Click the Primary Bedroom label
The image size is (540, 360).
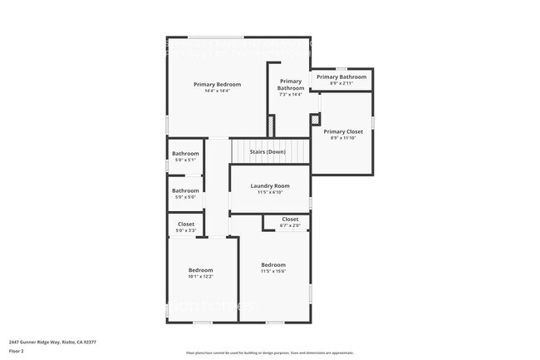pyautogui.click(x=217, y=84)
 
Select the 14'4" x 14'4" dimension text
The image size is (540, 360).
pyautogui.click(x=217, y=91)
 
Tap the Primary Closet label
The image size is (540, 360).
pyautogui.click(x=343, y=131)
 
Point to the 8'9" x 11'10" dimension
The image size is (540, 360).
pyautogui.click(x=343, y=138)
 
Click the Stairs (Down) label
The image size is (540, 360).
pyautogui.click(x=268, y=152)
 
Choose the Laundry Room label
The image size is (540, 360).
pyautogui.click(x=270, y=185)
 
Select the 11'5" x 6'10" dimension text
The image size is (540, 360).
pyautogui.click(x=270, y=192)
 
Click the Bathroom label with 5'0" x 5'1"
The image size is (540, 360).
pyautogui.click(x=185, y=153)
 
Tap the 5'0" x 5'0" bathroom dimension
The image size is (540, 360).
pyautogui.click(x=185, y=197)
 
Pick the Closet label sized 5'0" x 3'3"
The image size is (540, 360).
pyautogui.click(x=186, y=224)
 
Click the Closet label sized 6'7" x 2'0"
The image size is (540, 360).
pyautogui.click(x=290, y=219)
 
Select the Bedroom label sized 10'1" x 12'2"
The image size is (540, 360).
pyautogui.click(x=200, y=270)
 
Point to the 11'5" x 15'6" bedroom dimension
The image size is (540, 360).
pyautogui.click(x=273, y=271)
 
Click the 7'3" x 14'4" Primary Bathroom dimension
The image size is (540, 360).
pyautogui.click(x=290, y=95)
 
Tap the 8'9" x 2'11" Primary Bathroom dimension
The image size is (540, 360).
pyautogui.click(x=341, y=83)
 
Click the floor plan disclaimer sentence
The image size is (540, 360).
pyautogui.click(x=269, y=353)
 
